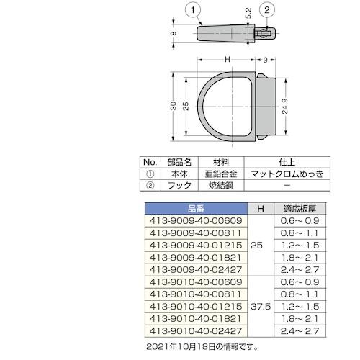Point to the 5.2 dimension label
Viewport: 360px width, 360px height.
(x=248, y=13)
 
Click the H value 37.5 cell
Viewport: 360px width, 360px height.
(x=259, y=305)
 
